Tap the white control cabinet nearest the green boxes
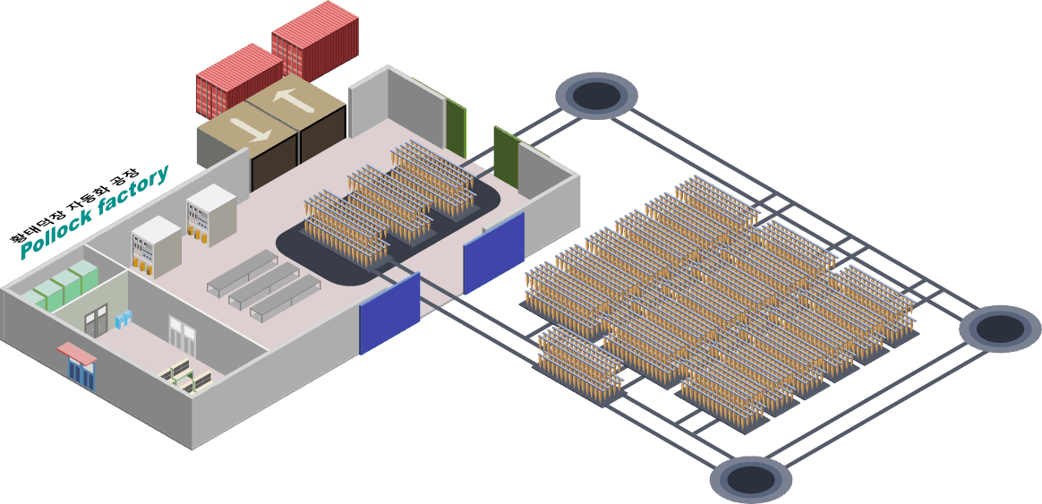(156, 247)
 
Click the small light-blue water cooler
(124, 320)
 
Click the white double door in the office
(178, 331)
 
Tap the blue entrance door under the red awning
(81, 373)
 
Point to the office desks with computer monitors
(187, 375)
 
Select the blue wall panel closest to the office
(389, 312)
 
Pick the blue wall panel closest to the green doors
(494, 253)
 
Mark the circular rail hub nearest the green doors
(597, 97)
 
